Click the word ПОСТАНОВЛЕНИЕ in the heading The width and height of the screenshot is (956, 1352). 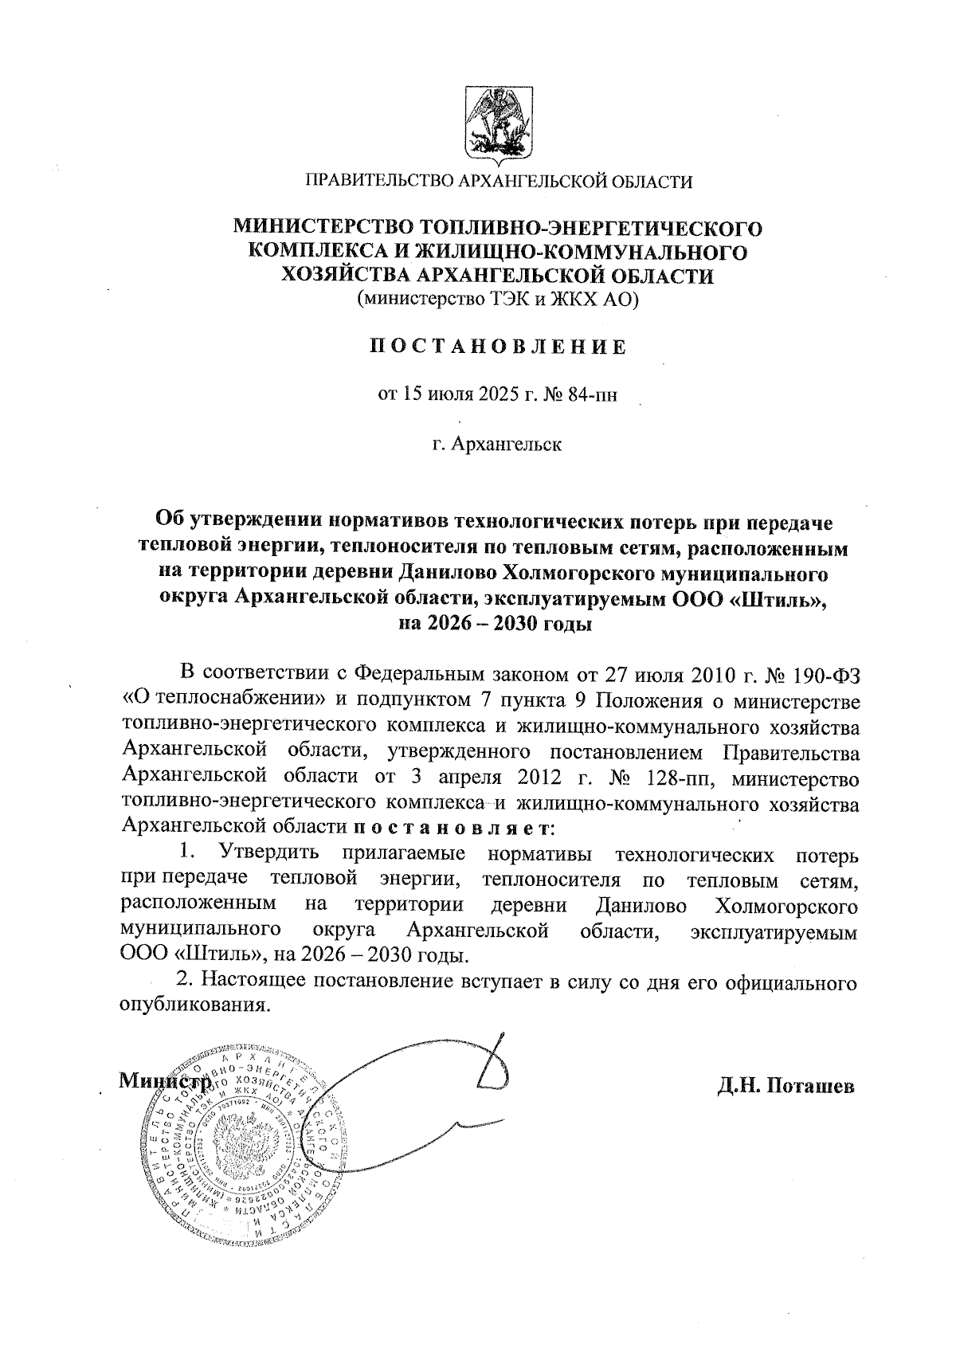pyautogui.click(x=498, y=347)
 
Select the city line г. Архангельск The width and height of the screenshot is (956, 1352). pyautogui.click(x=497, y=444)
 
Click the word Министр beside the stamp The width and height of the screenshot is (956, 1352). pyautogui.click(x=163, y=1082)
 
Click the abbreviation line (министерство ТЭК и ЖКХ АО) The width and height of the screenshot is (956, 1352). pyautogui.click(x=498, y=300)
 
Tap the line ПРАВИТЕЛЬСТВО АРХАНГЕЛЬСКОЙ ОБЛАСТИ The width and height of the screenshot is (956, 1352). pyautogui.click(x=500, y=182)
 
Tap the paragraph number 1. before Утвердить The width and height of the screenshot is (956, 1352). pyautogui.click(x=189, y=852)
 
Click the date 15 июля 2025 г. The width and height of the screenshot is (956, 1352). pyautogui.click(x=457, y=394)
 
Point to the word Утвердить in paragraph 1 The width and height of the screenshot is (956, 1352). pyautogui.click(x=270, y=853)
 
